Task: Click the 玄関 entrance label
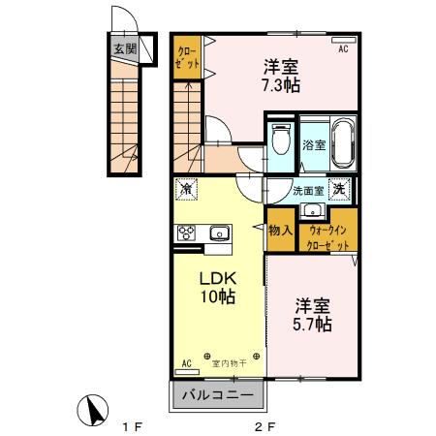[124, 48]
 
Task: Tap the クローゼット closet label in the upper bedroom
[187, 57]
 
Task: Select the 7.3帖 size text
[282, 85]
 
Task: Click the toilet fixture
[280, 141]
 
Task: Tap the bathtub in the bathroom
[341, 140]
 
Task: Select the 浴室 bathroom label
[313, 147]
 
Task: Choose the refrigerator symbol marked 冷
[187, 190]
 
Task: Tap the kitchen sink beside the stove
[218, 233]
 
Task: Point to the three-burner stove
[186, 233]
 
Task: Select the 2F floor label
[264, 423]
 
